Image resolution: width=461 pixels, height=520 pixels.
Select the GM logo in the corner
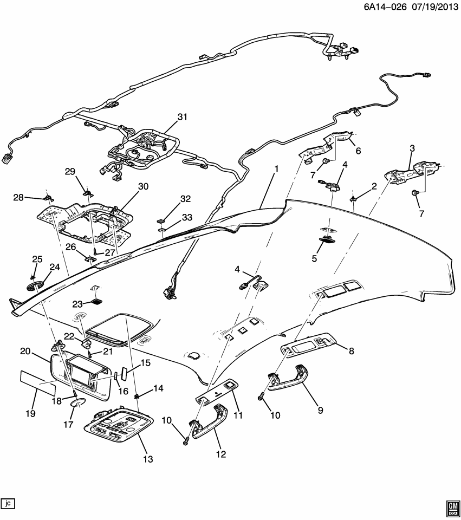click(452, 507)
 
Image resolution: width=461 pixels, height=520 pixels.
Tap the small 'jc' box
click(8, 503)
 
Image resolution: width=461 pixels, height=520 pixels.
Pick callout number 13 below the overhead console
click(147, 459)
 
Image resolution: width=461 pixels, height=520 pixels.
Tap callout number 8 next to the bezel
click(352, 351)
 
